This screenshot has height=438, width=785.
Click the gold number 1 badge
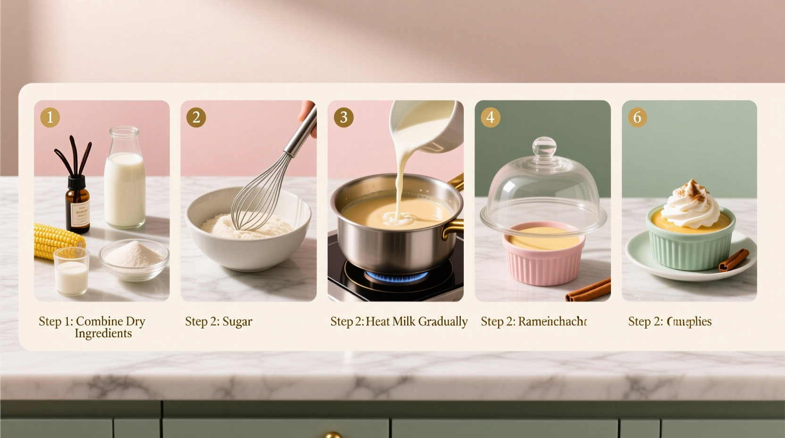[50, 117]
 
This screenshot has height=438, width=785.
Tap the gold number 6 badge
[637, 117]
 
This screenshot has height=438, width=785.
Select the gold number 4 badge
[490, 117]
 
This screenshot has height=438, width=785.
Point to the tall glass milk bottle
[125, 182]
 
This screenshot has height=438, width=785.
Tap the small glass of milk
[72, 272]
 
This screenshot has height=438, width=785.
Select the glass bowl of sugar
[134, 259]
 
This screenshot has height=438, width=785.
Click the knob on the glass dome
[544, 146]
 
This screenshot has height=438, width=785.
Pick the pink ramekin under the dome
[544, 257]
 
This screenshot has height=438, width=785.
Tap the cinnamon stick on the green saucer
[734, 261]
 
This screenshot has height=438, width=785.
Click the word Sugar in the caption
[237, 322]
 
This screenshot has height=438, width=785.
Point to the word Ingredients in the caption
[103, 334]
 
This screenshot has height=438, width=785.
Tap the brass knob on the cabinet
[333, 435]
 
